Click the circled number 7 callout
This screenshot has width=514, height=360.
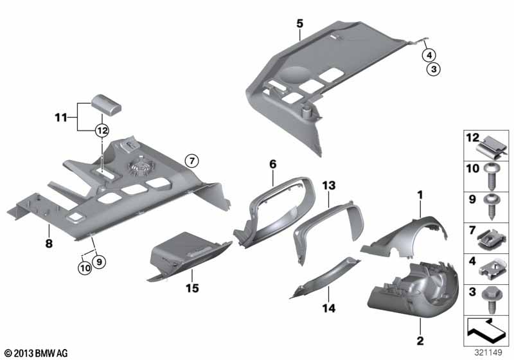click(x=191, y=161)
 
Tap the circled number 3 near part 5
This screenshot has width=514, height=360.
click(x=434, y=69)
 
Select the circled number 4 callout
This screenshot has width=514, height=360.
click(x=429, y=55)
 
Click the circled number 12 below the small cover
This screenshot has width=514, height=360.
click(x=102, y=130)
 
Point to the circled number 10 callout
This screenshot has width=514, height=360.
click(x=85, y=268)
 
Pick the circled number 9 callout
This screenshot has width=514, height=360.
click(x=99, y=261)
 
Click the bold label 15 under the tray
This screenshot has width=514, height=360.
click(x=192, y=288)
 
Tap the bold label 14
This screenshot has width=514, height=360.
click(x=329, y=308)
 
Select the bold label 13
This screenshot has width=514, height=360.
click(x=329, y=186)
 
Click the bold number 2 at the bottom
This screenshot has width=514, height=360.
click(x=420, y=341)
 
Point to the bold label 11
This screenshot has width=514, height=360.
click(x=61, y=118)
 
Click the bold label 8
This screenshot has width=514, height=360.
click(x=49, y=244)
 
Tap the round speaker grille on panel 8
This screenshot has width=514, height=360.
click(x=142, y=167)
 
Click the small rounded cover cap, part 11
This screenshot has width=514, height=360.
click(x=106, y=104)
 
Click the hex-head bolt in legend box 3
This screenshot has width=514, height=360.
click(x=491, y=300)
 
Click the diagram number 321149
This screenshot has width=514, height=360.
click(x=488, y=352)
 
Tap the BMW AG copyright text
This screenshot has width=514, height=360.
click(x=37, y=354)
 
